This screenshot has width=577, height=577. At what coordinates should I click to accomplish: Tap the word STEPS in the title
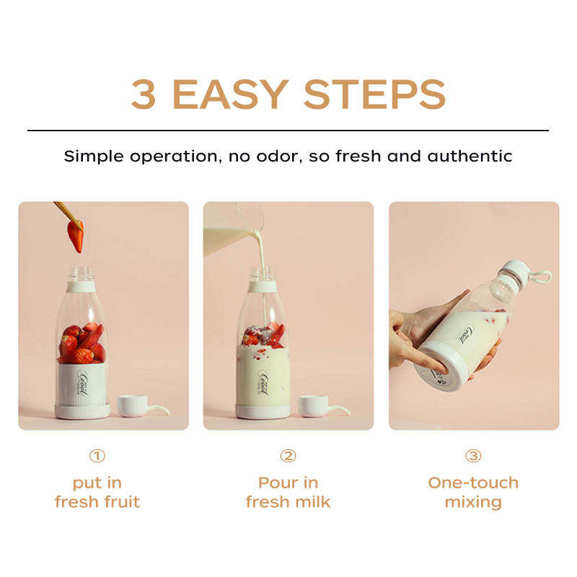pos(374,94)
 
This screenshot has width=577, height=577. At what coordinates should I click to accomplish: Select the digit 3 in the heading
pos(144,94)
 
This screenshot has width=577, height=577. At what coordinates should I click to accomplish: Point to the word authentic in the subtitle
pos(470,157)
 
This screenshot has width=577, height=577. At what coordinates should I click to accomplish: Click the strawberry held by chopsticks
pos(76,236)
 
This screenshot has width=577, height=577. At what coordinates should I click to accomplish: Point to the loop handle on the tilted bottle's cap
pos(542,276)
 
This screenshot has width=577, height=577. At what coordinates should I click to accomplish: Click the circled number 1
pos(97,456)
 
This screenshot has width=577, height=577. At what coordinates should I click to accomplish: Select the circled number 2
pos(288,456)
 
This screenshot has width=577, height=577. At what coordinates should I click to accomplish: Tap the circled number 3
pos(473,456)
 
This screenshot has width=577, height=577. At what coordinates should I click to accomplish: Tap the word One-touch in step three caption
pos(473,483)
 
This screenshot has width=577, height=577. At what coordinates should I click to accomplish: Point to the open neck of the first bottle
pos(82,274)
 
